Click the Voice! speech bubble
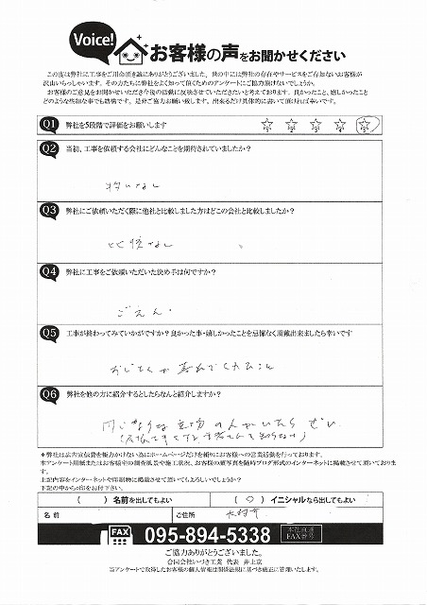[93, 41]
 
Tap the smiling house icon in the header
[133, 50]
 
